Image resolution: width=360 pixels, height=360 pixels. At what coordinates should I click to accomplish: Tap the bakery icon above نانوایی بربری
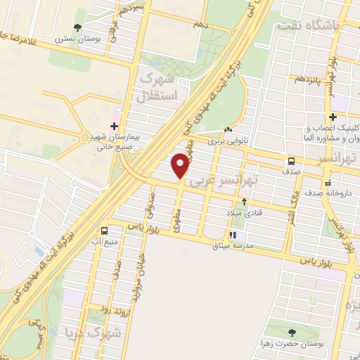[228, 130]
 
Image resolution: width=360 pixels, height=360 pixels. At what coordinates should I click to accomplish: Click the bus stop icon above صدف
[291, 160]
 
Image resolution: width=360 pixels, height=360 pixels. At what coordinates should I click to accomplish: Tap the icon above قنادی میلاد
[244, 201]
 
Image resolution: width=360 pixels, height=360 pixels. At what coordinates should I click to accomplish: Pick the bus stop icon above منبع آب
[105, 230]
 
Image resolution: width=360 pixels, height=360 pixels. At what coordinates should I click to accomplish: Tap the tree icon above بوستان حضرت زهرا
[292, 333]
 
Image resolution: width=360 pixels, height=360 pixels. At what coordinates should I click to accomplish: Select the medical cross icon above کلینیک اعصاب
[333, 117]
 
